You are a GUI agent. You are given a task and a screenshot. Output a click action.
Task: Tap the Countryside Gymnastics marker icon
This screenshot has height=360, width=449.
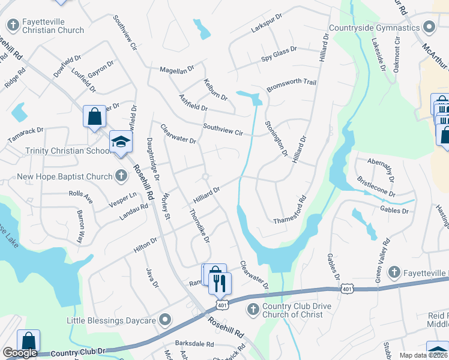[x=429, y=28]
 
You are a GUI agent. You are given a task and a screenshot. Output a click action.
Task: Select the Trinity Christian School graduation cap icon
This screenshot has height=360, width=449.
[x=121, y=142]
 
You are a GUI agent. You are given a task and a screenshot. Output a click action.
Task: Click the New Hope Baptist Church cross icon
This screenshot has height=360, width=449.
[x=121, y=176]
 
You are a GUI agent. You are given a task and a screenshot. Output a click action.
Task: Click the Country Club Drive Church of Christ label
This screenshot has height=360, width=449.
[x=297, y=310]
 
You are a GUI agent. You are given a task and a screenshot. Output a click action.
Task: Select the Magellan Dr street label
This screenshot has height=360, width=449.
[x=177, y=70]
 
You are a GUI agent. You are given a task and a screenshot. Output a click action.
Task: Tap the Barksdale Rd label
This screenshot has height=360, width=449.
[x=194, y=344]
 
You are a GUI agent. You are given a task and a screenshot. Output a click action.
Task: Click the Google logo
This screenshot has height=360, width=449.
[x=20, y=353]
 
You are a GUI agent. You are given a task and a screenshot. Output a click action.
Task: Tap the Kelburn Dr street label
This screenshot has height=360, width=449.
[x=215, y=89]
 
